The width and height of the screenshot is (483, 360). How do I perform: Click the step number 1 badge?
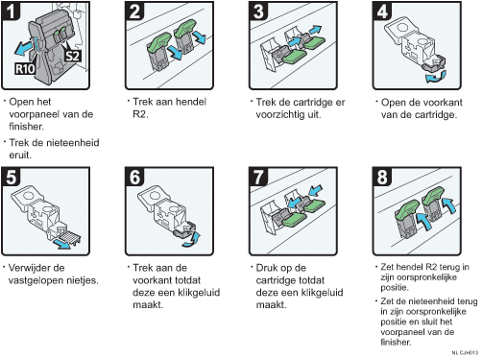click(11, 11)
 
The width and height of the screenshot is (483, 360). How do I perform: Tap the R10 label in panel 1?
click(25, 69)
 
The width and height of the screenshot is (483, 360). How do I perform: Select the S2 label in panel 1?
click(73, 57)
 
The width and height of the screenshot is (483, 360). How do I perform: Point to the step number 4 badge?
click(382, 11)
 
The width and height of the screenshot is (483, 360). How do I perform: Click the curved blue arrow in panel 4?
click(436, 78)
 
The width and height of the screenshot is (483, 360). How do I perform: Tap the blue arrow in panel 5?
click(61, 244)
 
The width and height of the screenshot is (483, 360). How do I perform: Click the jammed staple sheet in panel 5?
click(69, 237)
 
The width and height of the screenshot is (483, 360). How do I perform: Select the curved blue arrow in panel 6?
click(191, 240)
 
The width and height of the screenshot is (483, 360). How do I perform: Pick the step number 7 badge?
click(258, 177)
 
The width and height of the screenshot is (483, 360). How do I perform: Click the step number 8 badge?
click(382, 177)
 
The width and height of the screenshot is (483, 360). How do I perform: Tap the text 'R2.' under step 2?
click(140, 114)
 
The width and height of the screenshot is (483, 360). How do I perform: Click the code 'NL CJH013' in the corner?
click(465, 352)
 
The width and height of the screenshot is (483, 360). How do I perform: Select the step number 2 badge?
click(134, 11)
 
